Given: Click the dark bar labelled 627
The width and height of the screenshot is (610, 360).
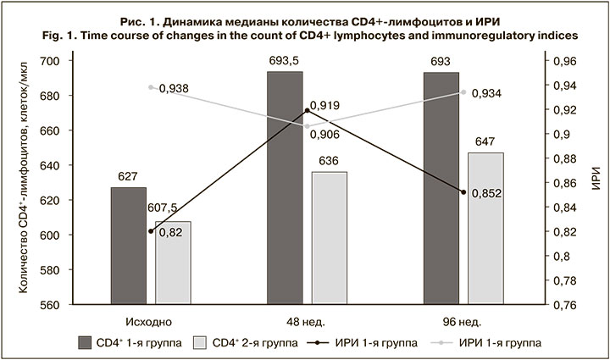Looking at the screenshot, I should [129, 246].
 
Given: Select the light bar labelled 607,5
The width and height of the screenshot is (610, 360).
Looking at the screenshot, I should [174, 263].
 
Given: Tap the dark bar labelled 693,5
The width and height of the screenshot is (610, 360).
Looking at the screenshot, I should [285, 187].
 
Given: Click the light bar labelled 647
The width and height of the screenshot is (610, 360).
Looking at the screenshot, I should [485, 228].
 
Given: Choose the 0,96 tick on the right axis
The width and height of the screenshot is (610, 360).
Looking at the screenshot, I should [563, 62].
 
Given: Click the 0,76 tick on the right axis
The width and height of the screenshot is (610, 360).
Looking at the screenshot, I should [563, 304].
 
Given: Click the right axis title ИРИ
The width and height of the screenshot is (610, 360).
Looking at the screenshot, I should [596, 183].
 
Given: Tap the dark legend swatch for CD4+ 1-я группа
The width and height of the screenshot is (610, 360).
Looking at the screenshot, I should [85, 343].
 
